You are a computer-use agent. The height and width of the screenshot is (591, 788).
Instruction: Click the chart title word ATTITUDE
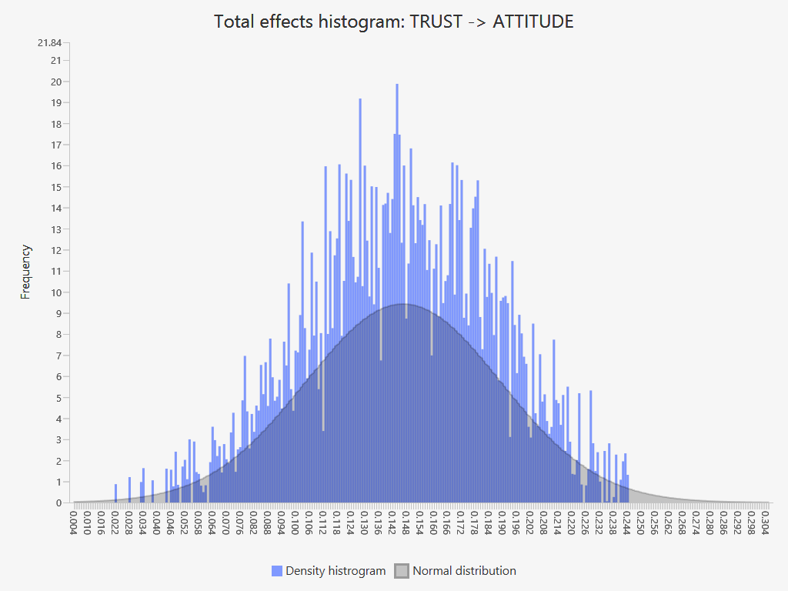coord(533,22)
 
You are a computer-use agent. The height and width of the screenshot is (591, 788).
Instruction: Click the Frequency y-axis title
coord(26,272)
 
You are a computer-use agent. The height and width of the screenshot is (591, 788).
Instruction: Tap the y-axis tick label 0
coord(58,503)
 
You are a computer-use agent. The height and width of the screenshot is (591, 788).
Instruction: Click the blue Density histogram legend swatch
coord(277,571)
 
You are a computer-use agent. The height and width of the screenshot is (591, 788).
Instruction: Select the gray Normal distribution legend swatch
coord(402,571)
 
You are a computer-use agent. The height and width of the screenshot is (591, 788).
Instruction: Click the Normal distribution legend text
coord(464,571)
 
